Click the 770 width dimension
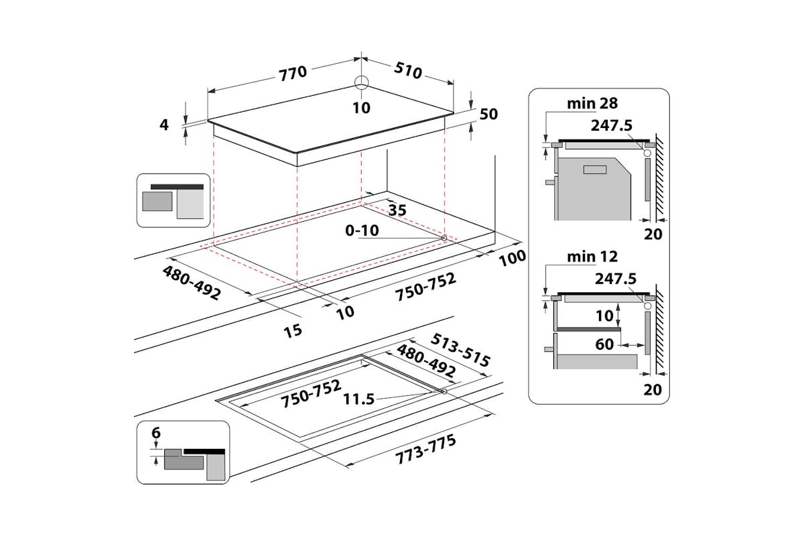click(x=292, y=73)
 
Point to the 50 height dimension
click(x=489, y=114)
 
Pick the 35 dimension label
click(x=397, y=210)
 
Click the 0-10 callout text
click(x=362, y=231)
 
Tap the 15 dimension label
click(x=293, y=330)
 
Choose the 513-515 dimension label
click(x=461, y=350)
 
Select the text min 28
click(x=592, y=103)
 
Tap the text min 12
click(x=592, y=257)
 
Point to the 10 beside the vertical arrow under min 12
click(x=605, y=314)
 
